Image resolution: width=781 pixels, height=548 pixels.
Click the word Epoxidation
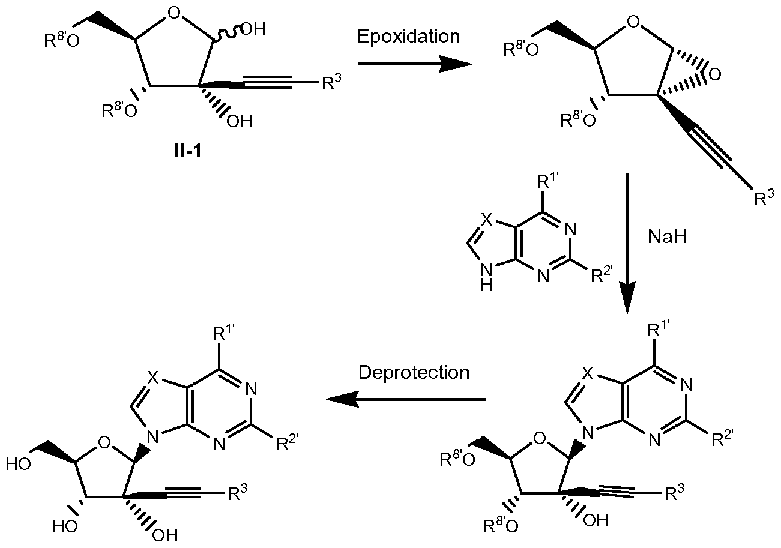(408, 36)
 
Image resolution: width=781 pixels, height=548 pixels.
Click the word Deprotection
(414, 372)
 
